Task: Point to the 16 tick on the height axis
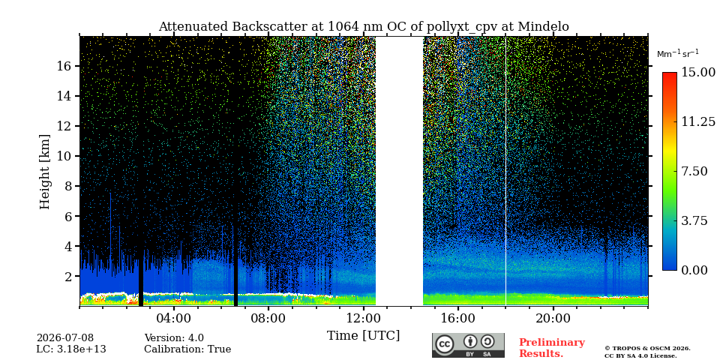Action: [64, 66]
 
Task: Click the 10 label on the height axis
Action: [64, 156]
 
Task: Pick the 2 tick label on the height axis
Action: [68, 277]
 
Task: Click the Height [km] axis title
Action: [44, 172]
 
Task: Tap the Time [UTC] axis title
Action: [363, 336]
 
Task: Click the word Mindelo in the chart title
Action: [543, 27]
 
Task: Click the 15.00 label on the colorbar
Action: [698, 73]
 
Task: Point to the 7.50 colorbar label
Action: [695, 171]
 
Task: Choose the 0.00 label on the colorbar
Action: [695, 271]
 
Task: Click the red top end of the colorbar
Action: [670, 74]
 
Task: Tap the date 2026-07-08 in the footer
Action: [65, 338]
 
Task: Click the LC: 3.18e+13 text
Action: [71, 349]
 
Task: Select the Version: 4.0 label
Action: [174, 338]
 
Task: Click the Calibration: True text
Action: [187, 349]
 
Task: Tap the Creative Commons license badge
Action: [468, 345]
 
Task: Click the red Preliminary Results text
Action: [552, 348]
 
